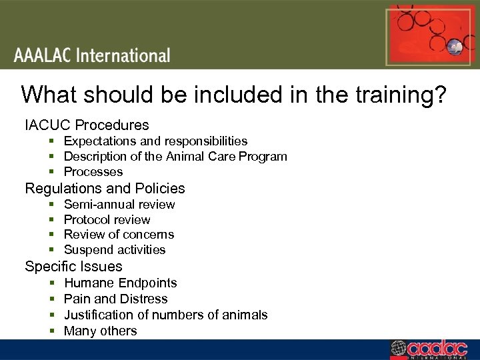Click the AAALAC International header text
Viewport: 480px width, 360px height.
(x=92, y=55)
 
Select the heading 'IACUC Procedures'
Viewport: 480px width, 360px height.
(x=87, y=125)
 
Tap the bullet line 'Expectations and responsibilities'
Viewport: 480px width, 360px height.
(x=155, y=141)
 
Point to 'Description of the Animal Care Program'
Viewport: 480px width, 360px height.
(x=175, y=157)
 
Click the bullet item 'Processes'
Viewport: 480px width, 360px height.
(x=93, y=172)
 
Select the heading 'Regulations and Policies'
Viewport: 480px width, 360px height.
(x=105, y=189)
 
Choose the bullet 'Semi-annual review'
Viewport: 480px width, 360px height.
(x=119, y=204)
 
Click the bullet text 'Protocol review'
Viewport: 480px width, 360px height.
(x=107, y=219)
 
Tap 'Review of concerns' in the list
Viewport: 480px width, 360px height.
(x=119, y=234)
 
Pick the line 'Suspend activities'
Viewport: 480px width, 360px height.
(x=115, y=250)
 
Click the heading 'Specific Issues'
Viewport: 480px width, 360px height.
(x=73, y=267)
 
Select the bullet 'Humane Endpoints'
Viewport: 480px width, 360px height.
(x=120, y=283)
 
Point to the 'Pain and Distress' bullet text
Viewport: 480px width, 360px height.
(x=115, y=299)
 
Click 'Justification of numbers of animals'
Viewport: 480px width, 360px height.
(x=165, y=315)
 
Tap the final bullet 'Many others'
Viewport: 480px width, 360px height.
(x=100, y=331)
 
